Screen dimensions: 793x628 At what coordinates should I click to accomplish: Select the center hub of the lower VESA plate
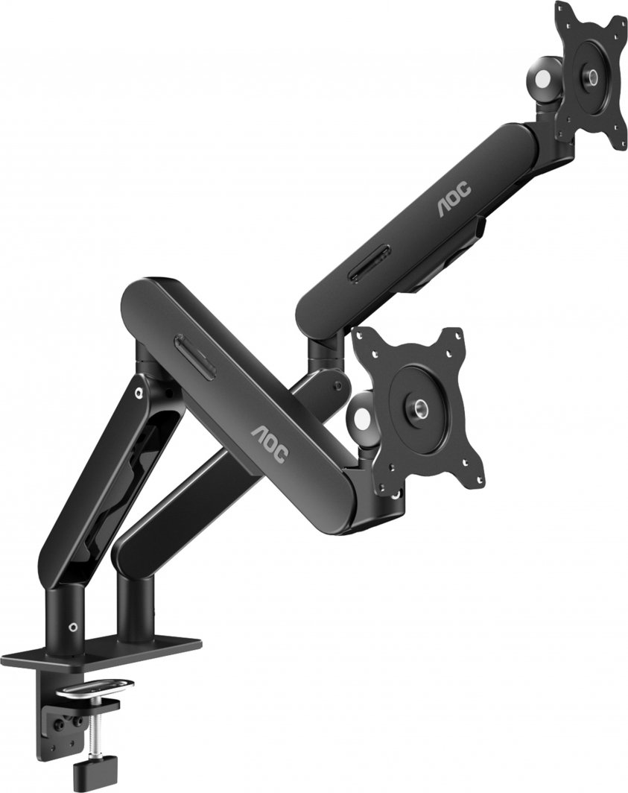pyautogui.click(x=418, y=406)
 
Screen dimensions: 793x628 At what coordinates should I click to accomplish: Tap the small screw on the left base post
pyautogui.click(x=72, y=627)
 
